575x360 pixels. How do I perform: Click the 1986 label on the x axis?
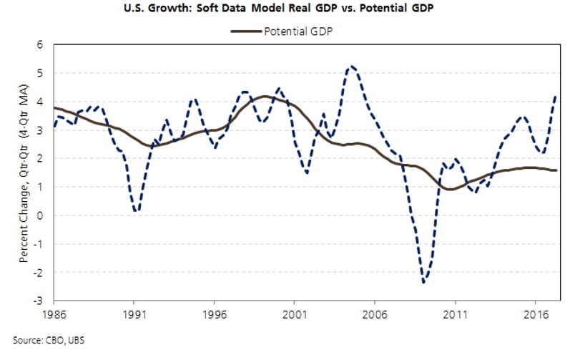click(54, 313)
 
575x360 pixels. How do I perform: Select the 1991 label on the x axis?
click(137, 313)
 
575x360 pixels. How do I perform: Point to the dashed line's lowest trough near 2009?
click(424, 282)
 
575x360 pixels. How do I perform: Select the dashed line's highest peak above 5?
click(351, 67)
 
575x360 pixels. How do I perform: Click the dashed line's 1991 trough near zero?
click(136, 210)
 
